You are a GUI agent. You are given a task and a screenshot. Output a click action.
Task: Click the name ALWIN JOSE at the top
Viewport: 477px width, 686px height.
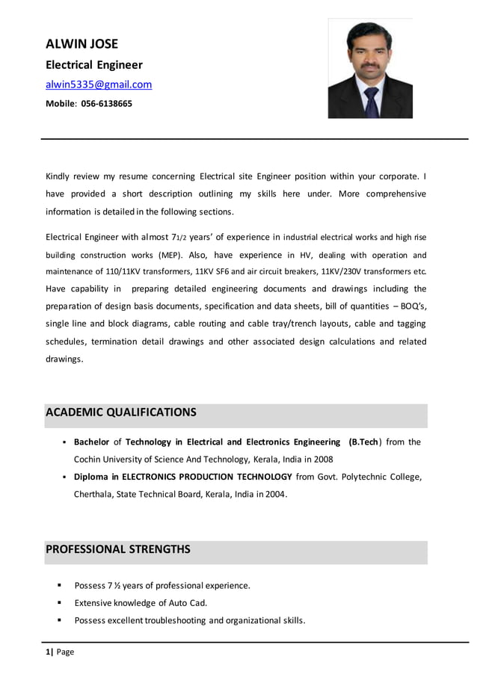[81, 44]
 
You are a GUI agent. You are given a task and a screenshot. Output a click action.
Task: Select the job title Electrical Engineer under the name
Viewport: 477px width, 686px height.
[94, 65]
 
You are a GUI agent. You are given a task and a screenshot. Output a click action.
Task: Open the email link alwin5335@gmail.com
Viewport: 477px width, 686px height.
[99, 84]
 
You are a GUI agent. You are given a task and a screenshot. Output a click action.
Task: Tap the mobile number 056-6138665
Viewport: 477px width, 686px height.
[106, 104]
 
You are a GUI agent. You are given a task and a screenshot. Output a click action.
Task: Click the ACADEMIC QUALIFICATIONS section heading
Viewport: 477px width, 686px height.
[121, 412]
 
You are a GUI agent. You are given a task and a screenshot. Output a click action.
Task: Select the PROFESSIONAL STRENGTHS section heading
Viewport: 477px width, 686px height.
[118, 549]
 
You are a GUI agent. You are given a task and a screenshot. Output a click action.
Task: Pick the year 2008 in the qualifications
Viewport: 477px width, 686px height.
[322, 459]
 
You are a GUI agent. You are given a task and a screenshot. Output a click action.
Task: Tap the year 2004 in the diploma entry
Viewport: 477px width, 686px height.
[274, 494]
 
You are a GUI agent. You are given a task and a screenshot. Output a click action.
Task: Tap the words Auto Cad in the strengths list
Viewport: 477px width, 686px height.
[189, 603]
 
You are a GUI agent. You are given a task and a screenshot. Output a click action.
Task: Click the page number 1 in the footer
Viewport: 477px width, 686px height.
[48, 652]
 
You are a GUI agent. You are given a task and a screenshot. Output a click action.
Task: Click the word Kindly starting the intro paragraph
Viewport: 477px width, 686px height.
[60, 176]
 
